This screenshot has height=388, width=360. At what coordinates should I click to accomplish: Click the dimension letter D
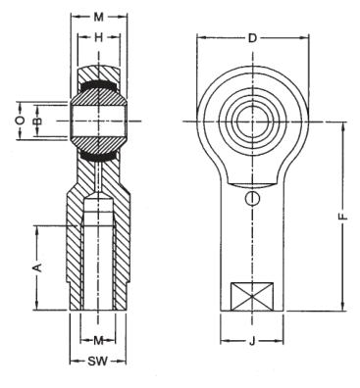point(252,38)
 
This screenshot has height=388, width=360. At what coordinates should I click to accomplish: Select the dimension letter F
point(343,217)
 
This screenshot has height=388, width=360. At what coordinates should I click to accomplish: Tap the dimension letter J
point(252,342)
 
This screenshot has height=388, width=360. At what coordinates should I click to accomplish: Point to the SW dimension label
point(97,362)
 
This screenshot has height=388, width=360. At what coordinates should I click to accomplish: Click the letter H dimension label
point(98,38)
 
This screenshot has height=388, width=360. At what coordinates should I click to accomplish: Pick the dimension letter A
point(38,267)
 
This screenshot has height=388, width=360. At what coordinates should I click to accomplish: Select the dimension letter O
point(21,121)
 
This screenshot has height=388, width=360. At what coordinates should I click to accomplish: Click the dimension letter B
point(38,121)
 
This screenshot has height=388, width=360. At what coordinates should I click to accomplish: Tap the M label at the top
point(98,17)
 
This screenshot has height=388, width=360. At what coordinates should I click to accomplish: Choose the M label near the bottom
point(98,341)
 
